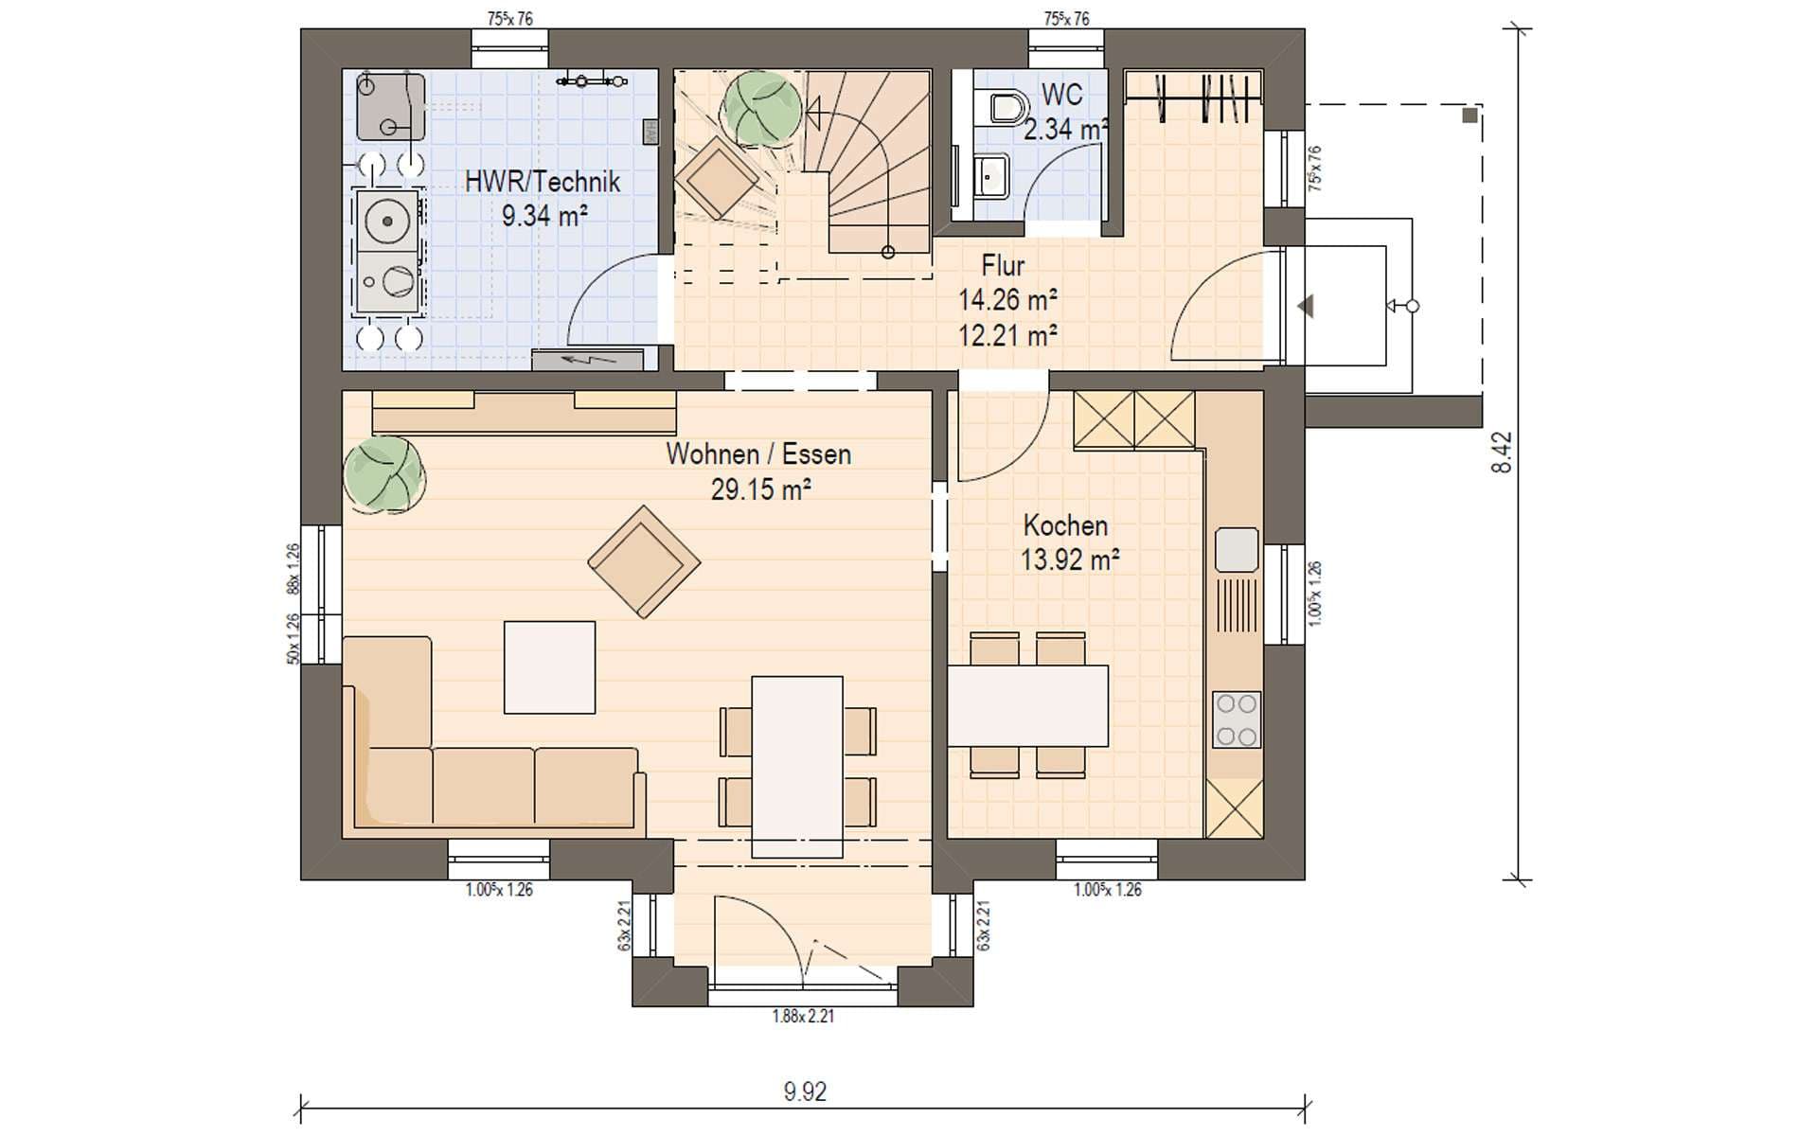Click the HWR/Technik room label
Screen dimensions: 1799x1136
tap(542, 182)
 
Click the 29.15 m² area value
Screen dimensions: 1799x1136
tap(760, 489)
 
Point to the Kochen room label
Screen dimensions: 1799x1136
tap(1065, 525)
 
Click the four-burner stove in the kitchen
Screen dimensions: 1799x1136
tap(1237, 720)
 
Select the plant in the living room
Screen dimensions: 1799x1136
tap(383, 474)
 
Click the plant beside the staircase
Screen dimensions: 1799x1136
tap(761, 109)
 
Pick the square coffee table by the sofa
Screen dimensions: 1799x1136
tap(549, 667)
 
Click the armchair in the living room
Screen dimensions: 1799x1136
tap(644, 562)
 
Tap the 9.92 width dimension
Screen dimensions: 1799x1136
tap(805, 1092)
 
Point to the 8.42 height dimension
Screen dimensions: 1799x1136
tap(1501, 453)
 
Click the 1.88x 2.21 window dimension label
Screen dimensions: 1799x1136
tap(803, 1017)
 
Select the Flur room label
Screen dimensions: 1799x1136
tap(1003, 265)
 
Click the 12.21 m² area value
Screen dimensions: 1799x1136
tap(1007, 335)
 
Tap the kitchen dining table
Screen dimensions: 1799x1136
tap(1028, 705)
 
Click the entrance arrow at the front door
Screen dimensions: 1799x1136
tap(1307, 306)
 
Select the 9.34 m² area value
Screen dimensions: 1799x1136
tap(544, 216)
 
